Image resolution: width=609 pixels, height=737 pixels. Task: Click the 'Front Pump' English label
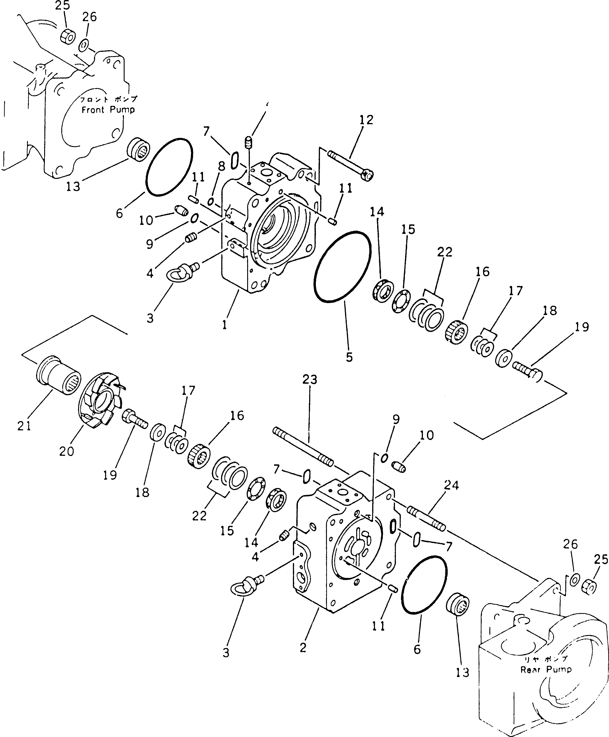point(108,110)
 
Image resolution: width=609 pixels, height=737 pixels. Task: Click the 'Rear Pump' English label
point(546,669)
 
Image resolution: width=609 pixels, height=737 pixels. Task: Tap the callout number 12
point(366,120)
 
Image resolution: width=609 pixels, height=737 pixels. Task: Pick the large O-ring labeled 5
point(342,266)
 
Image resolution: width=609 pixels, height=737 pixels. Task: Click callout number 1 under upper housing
point(224,325)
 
